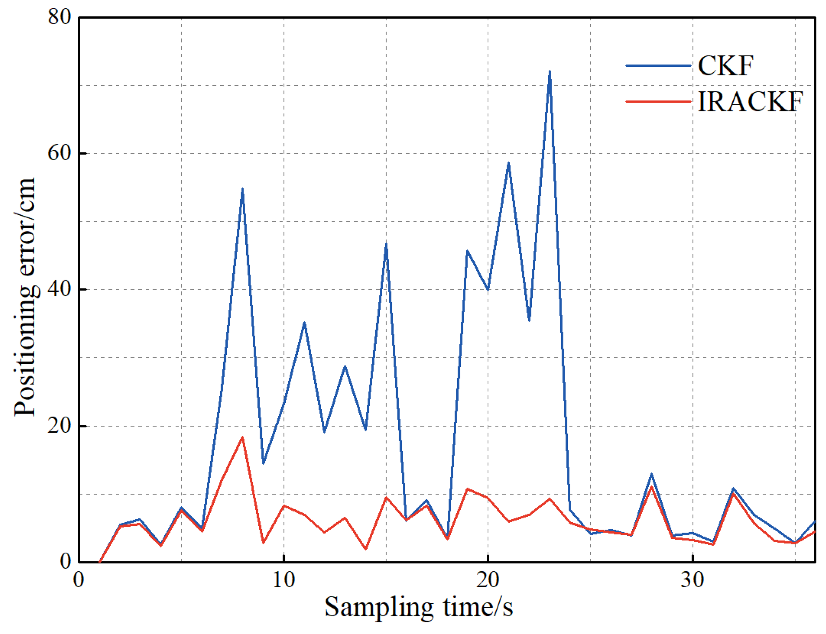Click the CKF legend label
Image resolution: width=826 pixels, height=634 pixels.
coord(725,66)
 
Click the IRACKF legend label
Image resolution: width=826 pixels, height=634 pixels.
coord(750,101)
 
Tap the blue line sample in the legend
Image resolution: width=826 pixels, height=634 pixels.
coord(658,66)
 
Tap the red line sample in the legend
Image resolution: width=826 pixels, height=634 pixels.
coord(658,101)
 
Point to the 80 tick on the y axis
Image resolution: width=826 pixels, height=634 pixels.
coord(59,18)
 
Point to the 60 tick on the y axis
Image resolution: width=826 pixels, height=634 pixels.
coord(59,153)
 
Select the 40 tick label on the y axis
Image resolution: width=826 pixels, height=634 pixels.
coord(59,289)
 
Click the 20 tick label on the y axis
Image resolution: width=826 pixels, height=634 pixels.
coord(59,426)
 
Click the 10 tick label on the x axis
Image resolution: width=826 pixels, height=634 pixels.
coord(284,580)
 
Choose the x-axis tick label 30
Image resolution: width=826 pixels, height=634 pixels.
coord(692,580)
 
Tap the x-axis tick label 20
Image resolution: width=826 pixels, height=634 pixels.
coord(488,580)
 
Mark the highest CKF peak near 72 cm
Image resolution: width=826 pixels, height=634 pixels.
coord(549,72)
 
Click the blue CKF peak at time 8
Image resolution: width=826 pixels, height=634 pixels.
coord(242,189)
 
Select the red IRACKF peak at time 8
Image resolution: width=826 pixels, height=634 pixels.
coord(242,437)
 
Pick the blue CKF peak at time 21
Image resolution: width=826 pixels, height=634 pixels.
coord(508,163)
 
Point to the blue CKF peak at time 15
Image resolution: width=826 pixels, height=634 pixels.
coord(386,244)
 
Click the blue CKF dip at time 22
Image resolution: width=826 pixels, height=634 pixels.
coord(529,320)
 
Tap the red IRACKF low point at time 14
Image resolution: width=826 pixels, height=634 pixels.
coord(366,548)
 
